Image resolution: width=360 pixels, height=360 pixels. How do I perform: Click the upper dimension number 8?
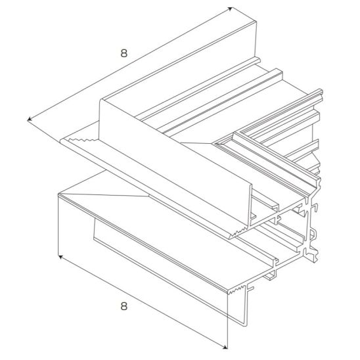click(124, 53)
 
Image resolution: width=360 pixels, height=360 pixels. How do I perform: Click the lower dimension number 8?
click(124, 306)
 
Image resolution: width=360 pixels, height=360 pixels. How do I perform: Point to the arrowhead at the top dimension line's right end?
click(230, 9)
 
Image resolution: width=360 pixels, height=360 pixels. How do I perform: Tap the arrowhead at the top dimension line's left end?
click(30, 119)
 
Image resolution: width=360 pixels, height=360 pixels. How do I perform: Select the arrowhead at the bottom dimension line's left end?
click(60, 257)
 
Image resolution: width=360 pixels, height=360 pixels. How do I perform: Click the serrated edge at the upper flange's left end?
click(81, 140)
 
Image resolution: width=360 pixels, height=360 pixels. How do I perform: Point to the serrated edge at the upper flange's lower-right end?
click(239, 232)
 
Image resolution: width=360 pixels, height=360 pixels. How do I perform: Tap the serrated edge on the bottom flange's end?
click(236, 290)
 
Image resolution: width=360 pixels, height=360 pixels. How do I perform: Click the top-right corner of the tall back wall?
click(256, 22)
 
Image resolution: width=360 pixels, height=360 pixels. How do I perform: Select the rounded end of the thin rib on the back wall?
click(259, 60)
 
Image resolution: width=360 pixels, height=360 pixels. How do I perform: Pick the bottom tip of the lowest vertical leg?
click(245, 325)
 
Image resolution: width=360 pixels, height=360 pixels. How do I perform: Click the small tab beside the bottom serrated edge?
click(251, 288)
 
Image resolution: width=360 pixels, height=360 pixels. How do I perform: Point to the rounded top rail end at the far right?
click(321, 93)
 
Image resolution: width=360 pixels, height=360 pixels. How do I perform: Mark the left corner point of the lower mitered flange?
click(58, 194)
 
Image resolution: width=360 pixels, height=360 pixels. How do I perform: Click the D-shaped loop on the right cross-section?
click(313, 235)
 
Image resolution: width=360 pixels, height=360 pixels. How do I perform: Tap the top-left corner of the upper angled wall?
click(101, 100)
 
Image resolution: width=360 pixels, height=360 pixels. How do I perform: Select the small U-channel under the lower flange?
click(270, 275)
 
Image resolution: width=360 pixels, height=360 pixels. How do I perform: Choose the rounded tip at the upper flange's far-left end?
click(62, 141)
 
